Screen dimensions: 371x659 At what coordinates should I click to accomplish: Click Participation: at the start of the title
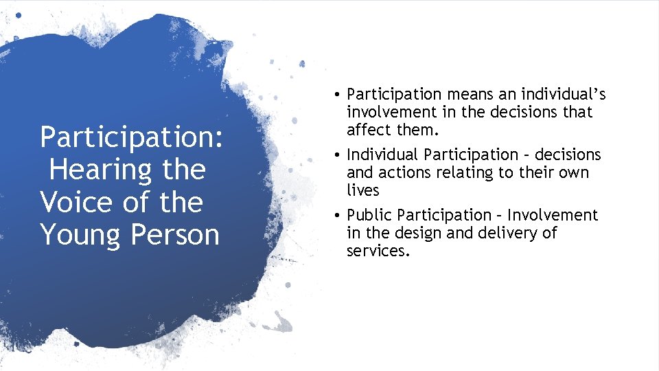(132, 137)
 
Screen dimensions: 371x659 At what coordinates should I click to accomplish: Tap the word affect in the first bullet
(369, 129)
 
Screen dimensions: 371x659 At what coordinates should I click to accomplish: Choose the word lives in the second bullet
(362, 190)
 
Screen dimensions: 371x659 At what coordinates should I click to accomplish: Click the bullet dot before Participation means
(339, 94)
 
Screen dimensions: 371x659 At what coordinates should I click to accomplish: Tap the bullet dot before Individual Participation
(339, 155)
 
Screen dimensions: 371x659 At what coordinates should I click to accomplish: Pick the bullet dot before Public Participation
(339, 216)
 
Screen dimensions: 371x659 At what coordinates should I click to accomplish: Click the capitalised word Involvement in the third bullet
(553, 215)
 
